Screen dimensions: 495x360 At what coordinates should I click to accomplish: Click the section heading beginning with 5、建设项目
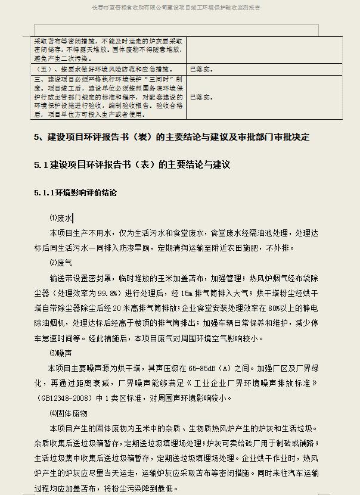pyautogui.click(x=172, y=137)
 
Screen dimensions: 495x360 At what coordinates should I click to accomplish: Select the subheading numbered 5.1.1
pyautogui.click(x=76, y=193)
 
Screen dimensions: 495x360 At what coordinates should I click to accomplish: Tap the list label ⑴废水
pyautogui.click(x=61, y=219)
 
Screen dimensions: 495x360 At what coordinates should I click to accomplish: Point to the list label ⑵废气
pyautogui.click(x=61, y=262)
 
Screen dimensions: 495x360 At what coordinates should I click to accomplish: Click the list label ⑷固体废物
pyautogui.click(x=69, y=413)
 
